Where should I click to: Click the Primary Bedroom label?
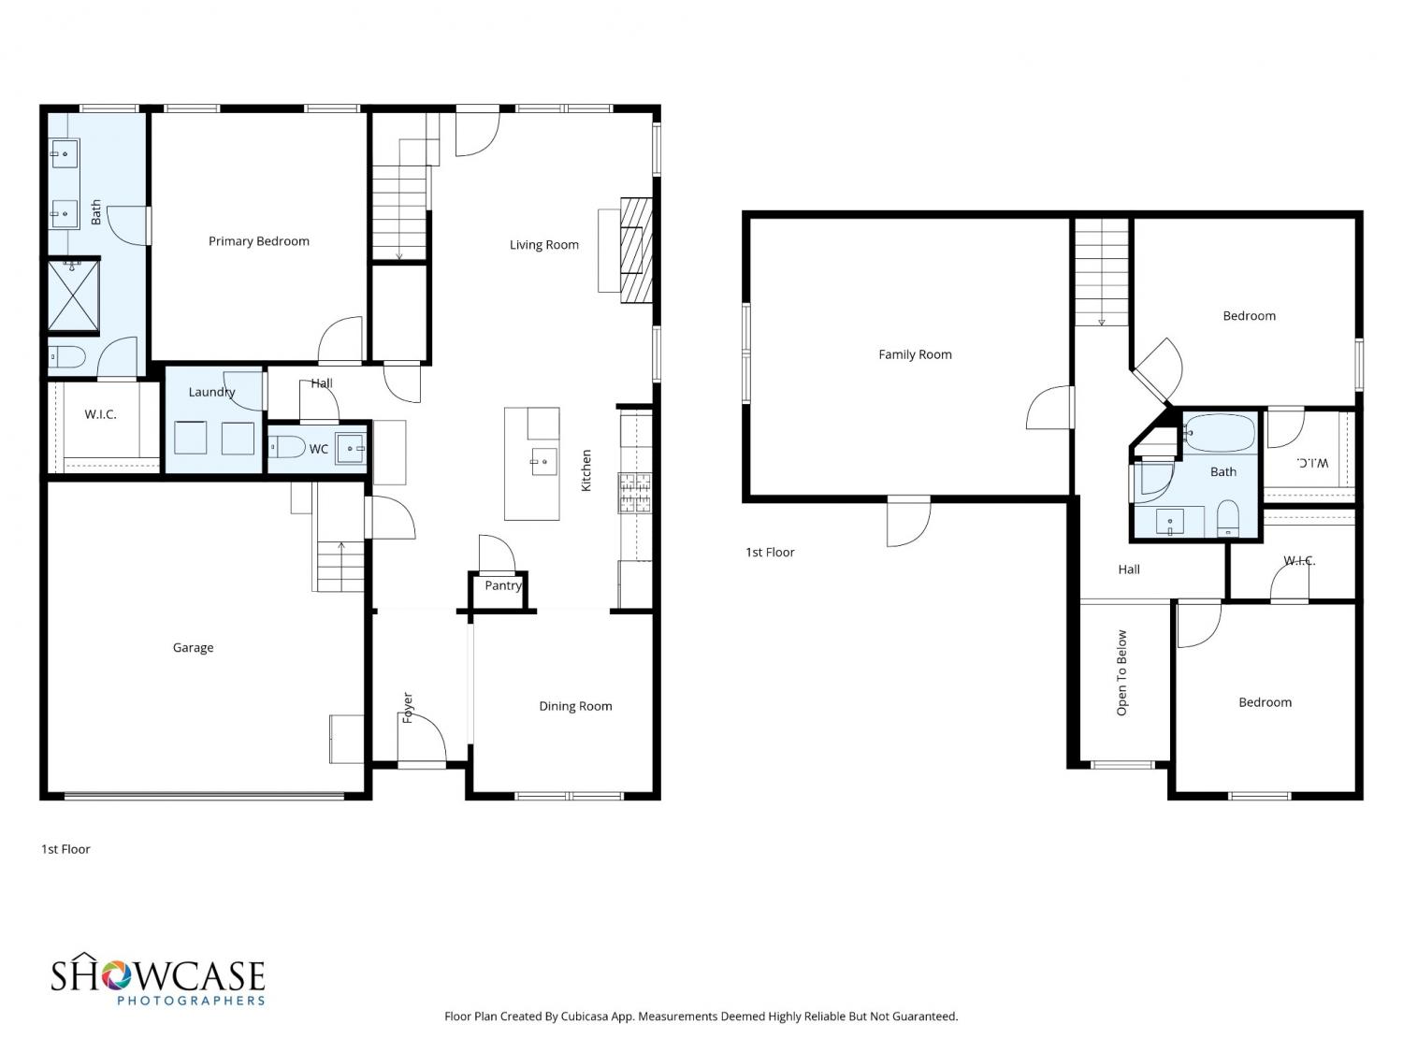point(259,241)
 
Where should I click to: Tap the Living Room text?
point(544,245)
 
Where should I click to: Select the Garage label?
point(193,648)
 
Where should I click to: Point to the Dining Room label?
point(575,706)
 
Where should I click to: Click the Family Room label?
point(915,354)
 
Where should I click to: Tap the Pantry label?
point(503,585)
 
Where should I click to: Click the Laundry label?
point(211,392)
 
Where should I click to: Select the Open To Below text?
point(1121,672)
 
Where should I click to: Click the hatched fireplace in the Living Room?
point(636,251)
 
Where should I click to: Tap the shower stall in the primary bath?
point(74,296)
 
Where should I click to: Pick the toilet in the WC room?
point(286,447)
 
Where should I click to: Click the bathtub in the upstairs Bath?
point(1219,434)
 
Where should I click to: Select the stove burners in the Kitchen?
point(634,493)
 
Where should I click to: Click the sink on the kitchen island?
point(544,461)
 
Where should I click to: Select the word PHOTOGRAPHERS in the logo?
point(191,1001)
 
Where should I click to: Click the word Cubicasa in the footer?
point(585,1016)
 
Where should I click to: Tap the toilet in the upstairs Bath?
point(1227,517)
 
